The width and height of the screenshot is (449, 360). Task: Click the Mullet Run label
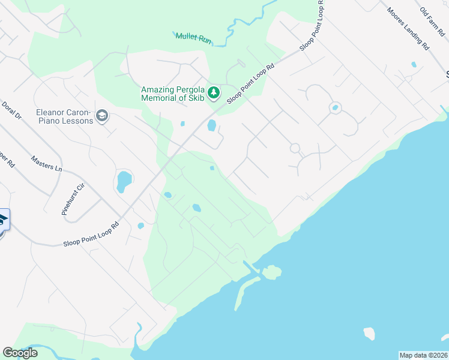point(193,37)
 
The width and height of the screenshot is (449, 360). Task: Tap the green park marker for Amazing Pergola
point(214,93)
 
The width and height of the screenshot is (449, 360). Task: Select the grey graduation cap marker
point(102,116)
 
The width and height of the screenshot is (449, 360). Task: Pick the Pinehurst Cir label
point(73,199)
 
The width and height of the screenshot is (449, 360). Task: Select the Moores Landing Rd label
point(408,28)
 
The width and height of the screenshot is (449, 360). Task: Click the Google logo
point(20,353)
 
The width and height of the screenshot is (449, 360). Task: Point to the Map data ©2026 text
point(423,355)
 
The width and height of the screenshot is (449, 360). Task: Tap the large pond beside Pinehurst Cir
point(124,181)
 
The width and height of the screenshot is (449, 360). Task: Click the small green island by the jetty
point(271,272)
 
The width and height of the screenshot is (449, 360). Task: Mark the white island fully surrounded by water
point(369,333)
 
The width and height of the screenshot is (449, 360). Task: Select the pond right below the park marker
point(211,125)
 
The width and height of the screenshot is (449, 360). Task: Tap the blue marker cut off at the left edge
point(3,220)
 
